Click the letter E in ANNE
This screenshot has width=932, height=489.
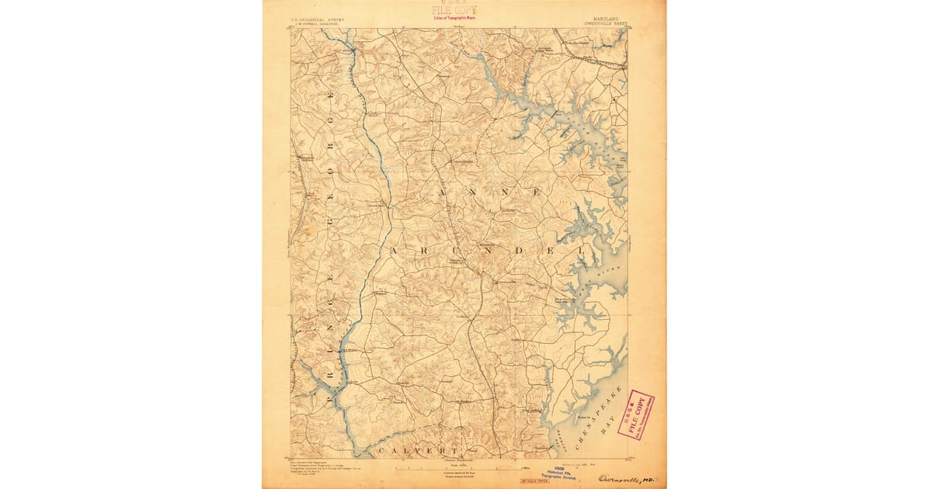pyautogui.click(x=531, y=190)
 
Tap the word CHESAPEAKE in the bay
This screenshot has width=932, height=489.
pyautogui.click(x=598, y=415)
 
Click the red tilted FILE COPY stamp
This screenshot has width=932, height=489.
pyautogui.click(x=635, y=414)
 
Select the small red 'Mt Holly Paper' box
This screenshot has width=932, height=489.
pyautogui.click(x=536, y=481)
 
